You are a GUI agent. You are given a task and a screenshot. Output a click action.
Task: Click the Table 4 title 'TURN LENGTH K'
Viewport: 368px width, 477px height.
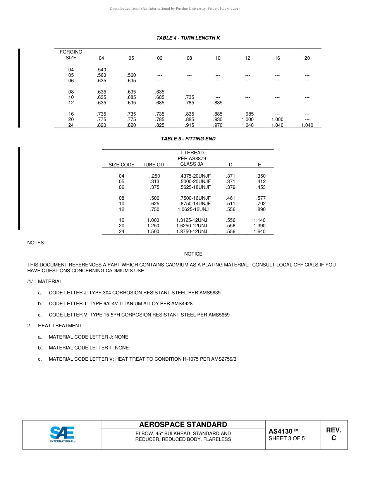click(188, 38)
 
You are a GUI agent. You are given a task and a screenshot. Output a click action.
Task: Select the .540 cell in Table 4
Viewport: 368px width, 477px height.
click(101, 70)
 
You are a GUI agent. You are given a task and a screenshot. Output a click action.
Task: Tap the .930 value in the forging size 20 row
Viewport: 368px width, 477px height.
click(218, 119)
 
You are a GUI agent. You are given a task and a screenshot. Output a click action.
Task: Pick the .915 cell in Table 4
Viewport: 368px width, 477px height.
click(189, 125)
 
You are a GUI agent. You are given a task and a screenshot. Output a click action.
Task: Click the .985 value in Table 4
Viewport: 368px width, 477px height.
click(249, 114)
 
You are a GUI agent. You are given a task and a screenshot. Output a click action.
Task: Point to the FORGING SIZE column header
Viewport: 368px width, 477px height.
click(71, 55)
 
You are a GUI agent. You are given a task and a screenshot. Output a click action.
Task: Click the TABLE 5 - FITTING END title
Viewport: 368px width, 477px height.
click(188, 139)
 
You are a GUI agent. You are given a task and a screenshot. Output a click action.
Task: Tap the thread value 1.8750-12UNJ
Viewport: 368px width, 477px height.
click(191, 232)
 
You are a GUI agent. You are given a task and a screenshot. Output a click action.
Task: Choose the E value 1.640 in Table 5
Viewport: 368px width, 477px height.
click(260, 232)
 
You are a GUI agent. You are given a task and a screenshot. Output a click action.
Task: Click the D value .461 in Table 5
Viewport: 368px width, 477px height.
click(230, 198)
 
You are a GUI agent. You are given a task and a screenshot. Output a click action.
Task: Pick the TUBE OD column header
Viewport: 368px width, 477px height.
click(153, 165)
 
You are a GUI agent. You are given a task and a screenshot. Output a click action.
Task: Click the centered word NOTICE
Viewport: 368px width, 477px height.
click(193, 254)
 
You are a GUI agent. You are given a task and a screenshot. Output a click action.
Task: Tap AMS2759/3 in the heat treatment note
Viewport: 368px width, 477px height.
click(224, 359)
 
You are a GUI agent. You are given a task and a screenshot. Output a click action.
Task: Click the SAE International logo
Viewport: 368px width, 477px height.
click(62, 434)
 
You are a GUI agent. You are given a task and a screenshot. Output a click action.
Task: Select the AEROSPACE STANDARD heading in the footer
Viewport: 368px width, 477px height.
click(183, 424)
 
